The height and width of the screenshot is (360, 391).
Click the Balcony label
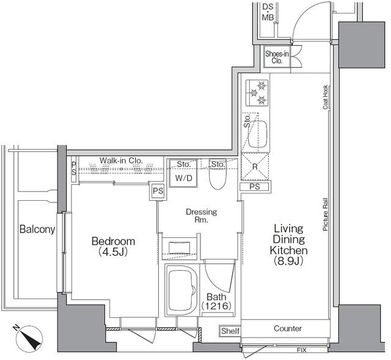pos(37,230)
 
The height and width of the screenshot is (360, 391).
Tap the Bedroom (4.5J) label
pos(113,247)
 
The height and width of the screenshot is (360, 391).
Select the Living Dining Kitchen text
pos(290,245)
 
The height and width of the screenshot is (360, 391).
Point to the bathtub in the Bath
pos(181,292)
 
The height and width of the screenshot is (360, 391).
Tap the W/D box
pos(183,179)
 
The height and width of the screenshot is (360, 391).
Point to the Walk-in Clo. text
pos(121,160)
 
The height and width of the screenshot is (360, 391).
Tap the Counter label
pos(287,328)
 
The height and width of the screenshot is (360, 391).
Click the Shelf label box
pos(229,331)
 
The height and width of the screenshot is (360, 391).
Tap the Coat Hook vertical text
pos(326,97)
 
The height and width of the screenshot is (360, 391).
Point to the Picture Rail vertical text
pos(326,214)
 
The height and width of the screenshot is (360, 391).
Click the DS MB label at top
pos(268,12)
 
